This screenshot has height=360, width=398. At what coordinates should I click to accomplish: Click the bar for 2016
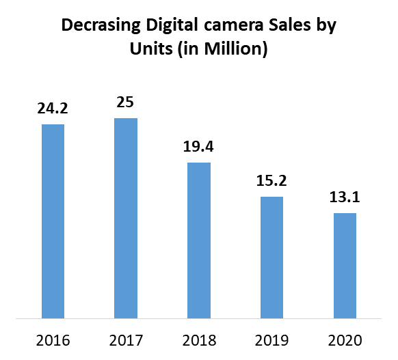(x=53, y=221)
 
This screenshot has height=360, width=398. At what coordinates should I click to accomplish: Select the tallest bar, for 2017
(x=126, y=218)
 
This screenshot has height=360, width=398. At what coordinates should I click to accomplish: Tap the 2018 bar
(x=199, y=240)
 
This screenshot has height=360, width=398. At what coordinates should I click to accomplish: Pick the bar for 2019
(x=272, y=257)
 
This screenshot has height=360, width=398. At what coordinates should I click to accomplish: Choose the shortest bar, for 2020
(x=345, y=265)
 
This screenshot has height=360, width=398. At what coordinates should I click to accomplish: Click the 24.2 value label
(x=53, y=108)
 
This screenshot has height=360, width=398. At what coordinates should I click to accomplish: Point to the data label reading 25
(x=126, y=102)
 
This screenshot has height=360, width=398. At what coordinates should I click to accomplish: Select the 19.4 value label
(x=199, y=146)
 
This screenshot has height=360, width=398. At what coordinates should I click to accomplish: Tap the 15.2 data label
(x=272, y=180)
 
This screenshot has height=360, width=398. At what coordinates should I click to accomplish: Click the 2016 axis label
(x=53, y=340)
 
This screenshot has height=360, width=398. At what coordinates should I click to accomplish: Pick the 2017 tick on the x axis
(x=126, y=340)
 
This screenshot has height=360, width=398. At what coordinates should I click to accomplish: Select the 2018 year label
(x=199, y=340)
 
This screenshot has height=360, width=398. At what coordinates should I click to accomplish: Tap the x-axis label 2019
(x=272, y=340)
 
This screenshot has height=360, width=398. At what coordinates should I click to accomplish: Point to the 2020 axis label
(x=345, y=340)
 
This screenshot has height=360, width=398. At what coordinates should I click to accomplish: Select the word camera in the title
(x=230, y=27)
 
